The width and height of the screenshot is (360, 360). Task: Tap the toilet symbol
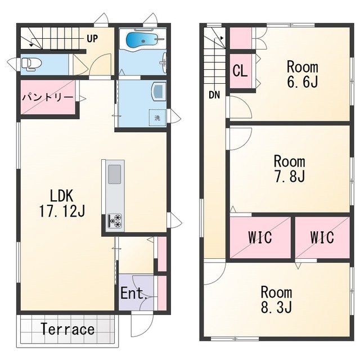pos(31,64)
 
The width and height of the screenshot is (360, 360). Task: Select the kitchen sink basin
pos(114,174)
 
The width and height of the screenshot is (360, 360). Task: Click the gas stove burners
pos(115,221)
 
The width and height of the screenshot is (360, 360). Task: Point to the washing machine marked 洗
pos(157,118)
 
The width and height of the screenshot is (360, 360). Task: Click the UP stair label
pos(92,39)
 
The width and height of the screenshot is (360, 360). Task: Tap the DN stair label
pos(214,95)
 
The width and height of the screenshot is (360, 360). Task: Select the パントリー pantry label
pos(47,97)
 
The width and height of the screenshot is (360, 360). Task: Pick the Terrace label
pos(67,329)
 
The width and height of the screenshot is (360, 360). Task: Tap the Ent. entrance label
pos(134,293)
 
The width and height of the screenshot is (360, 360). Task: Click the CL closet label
pos(240,70)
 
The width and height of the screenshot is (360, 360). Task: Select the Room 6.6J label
pos(303,74)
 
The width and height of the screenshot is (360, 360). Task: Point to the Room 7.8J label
pos(290,169)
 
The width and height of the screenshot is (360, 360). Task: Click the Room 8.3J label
pos(276,299)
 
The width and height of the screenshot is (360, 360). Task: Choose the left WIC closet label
pos(260,237)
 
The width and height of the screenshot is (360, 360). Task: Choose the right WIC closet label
pos(322,237)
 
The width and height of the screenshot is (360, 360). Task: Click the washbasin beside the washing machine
pos(159,91)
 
